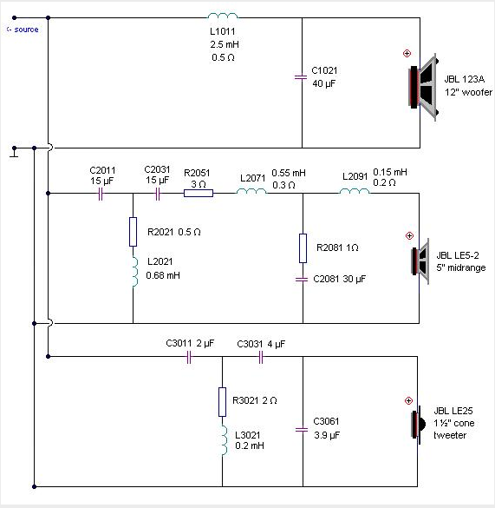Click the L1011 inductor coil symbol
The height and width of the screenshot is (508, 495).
coord(223,16)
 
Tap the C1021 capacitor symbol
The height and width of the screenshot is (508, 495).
coord(301,77)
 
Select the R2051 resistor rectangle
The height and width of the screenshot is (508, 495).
coord(199,194)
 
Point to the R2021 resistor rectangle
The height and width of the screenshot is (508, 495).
coord(133,232)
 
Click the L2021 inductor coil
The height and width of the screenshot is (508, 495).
coord(135,272)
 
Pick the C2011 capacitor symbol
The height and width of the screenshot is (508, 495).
coord(101,195)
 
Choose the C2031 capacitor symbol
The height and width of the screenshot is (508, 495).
coord(158,195)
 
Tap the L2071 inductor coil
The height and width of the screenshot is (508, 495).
coord(251,191)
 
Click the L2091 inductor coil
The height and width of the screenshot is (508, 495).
coord(355,191)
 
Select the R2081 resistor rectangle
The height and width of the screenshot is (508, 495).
coord(303,247)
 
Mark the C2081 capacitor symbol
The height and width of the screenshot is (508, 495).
coord(302,279)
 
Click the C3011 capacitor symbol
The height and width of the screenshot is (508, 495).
coord(189,358)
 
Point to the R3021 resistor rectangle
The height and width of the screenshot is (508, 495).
coord(222,402)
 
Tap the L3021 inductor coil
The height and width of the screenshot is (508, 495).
coord(225,440)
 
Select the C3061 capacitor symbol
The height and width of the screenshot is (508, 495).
coord(302,430)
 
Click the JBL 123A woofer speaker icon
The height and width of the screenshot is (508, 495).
coord(423,88)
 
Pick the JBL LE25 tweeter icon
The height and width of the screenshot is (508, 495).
coord(418,425)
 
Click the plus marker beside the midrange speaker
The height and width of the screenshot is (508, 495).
coord(409,235)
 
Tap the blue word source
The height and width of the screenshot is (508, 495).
coord(26,30)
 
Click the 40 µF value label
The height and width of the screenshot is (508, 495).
coord(324,83)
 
